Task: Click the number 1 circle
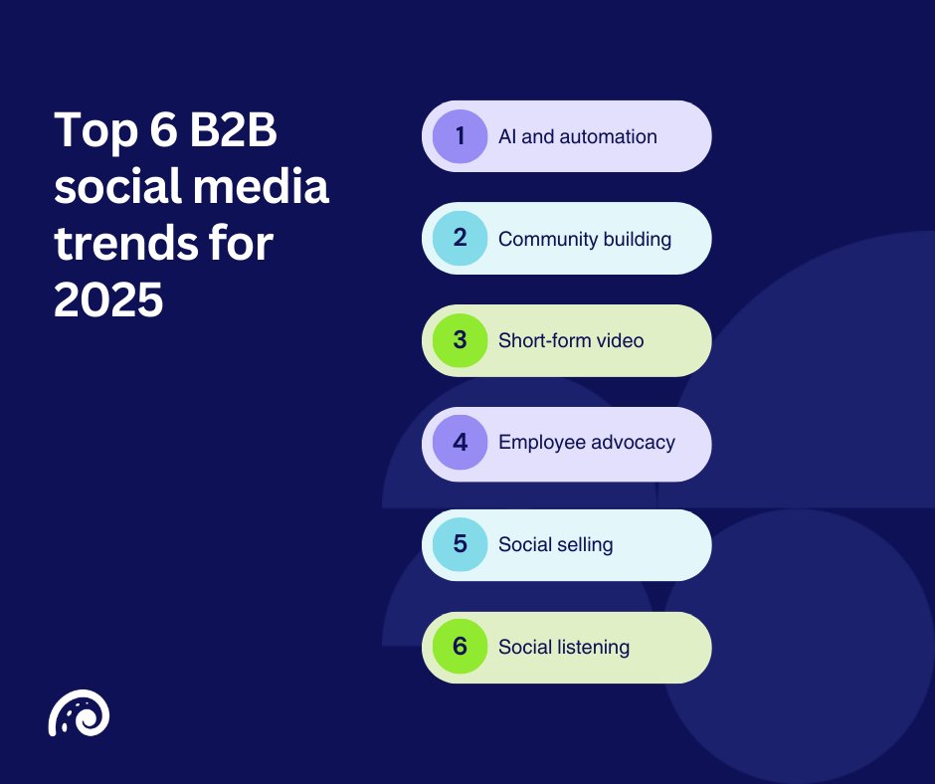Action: pyautogui.click(x=460, y=136)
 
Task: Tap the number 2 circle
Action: pyautogui.click(x=460, y=239)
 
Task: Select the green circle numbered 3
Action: pyautogui.click(x=460, y=340)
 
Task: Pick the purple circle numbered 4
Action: pyautogui.click(x=460, y=443)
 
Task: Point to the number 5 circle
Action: pyautogui.click(x=460, y=545)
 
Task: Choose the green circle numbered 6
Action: pyautogui.click(x=460, y=647)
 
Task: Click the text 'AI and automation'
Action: pyautogui.click(x=577, y=136)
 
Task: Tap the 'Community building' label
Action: pyautogui.click(x=585, y=239)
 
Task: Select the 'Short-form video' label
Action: pyautogui.click(x=571, y=340)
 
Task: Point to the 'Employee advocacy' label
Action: pyautogui.click(x=587, y=443)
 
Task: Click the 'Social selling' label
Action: pyautogui.click(x=555, y=545)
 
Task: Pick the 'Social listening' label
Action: pyautogui.click(x=564, y=647)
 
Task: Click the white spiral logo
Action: pyautogui.click(x=79, y=713)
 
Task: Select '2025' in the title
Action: pyautogui.click(x=108, y=299)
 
